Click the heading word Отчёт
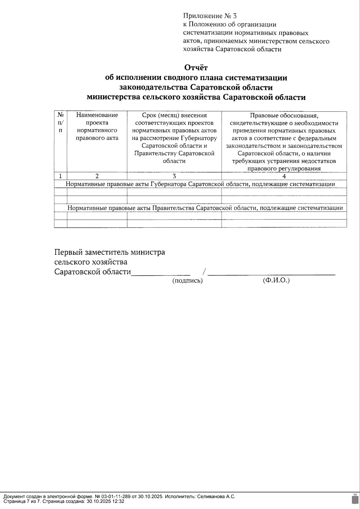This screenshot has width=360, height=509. pos(196,67)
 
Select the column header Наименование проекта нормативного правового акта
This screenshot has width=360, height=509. pos(97,127)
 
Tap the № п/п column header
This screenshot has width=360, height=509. pos(61,123)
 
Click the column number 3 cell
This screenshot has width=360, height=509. pos(174,176)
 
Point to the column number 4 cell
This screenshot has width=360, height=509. pos(284,176)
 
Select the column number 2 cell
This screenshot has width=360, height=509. pos(97,176)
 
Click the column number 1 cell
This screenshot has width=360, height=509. pos(61,176)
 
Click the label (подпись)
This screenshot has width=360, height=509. pos(187,281)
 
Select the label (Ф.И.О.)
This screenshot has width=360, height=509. pos(276,281)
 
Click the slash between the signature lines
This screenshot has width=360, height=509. pos(204,272)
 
